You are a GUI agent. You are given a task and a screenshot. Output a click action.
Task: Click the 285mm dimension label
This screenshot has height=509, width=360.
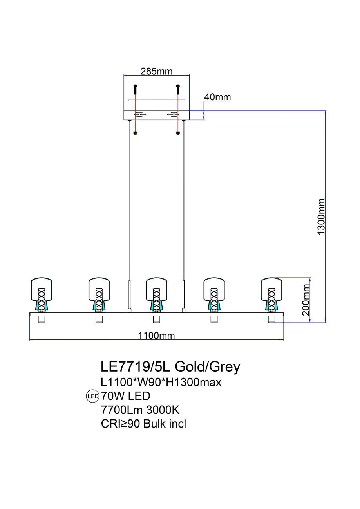coord(157,71)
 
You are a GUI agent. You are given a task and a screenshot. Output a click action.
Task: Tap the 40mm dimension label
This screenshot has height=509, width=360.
coord(218,97)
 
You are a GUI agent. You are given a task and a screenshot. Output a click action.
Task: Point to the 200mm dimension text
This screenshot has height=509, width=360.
coord(306,300)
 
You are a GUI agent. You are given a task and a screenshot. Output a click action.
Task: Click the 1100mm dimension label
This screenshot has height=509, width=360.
coord(157,336)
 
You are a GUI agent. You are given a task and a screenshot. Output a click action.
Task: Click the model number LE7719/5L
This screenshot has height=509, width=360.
coord(136,366)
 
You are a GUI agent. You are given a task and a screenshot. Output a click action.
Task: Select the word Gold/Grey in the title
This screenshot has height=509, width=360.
coord(207,366)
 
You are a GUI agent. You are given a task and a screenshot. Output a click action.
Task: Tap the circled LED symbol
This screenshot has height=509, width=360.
coord(93,396)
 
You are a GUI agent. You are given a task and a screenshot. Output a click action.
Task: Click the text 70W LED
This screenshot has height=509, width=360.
coord(125,396)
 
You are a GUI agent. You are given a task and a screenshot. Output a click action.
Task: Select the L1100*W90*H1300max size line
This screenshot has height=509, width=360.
coord(161,382)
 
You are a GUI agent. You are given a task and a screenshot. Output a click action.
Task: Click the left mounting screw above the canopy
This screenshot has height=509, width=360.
coord(135,89)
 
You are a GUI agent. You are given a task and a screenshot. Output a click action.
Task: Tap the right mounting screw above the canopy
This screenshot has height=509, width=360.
coord(178,89)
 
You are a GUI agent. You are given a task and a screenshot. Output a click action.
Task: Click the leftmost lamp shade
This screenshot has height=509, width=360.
coord(42,289)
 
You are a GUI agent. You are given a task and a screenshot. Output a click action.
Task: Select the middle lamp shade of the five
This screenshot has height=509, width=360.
coord(157,289)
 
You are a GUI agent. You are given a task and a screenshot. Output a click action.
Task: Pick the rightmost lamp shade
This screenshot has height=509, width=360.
coord(271,289)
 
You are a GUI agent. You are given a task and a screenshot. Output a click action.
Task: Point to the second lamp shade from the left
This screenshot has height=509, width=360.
coord(99,289)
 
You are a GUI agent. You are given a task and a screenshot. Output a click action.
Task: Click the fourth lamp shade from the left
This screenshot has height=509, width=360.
coord(214,289)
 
